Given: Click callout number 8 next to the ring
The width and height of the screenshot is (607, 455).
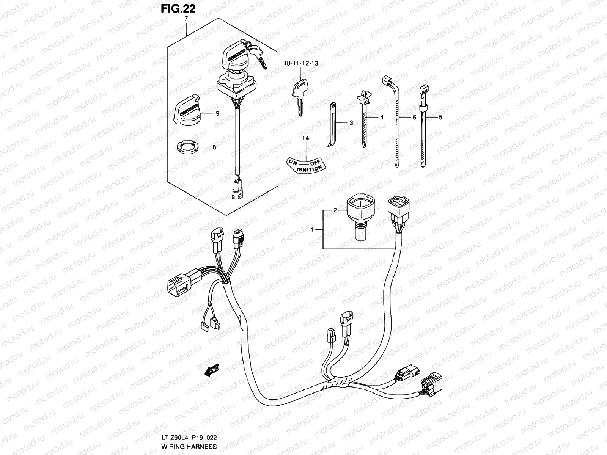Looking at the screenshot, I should tap(214, 147).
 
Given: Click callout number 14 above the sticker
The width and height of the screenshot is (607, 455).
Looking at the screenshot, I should tap(305, 138).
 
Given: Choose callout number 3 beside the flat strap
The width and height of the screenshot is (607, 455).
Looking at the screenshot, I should tap(351, 123).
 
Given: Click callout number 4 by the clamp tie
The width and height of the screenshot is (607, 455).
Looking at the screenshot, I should tap(381, 118).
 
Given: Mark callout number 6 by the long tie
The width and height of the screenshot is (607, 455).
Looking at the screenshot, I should tap(414, 118).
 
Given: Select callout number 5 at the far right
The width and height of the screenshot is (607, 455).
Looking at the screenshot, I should tap(440, 118).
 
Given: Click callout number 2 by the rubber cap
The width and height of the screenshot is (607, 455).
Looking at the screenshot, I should tap(335, 210).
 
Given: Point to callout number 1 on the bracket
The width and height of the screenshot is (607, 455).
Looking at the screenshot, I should tap(312, 230).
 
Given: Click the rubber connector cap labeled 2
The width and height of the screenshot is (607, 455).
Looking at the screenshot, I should tap(360, 218).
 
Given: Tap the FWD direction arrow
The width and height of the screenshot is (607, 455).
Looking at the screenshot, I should tap(213, 370).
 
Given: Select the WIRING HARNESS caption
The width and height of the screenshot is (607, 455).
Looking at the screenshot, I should tap(189, 447).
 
